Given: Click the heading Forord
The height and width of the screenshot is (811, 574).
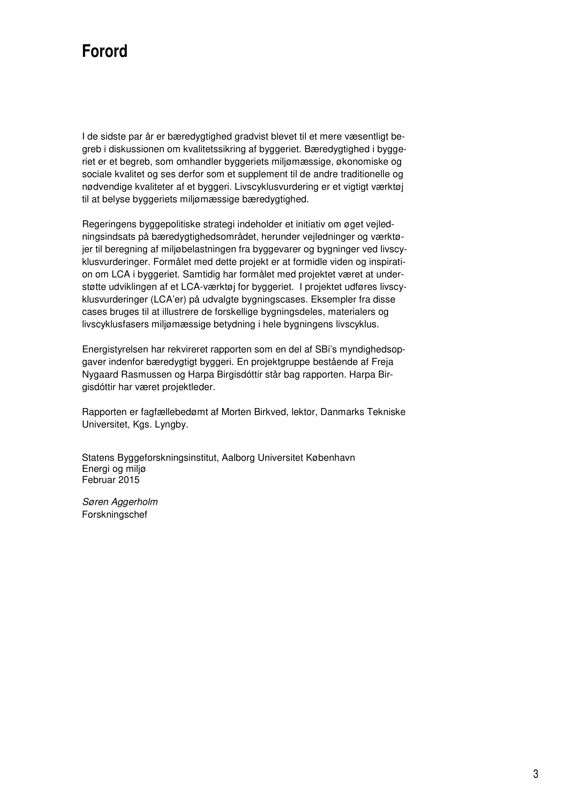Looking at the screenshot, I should pos(104,52).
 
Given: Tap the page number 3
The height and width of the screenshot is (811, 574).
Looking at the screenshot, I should pos(535,764).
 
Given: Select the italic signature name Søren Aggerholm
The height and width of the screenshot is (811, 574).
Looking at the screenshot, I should pos(120,502).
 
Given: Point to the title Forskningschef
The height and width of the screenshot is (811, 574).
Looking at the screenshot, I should pos(115,514).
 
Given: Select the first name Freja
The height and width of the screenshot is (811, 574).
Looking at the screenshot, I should pos(382,362).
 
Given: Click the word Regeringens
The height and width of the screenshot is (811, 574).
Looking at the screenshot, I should pos(109,224).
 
